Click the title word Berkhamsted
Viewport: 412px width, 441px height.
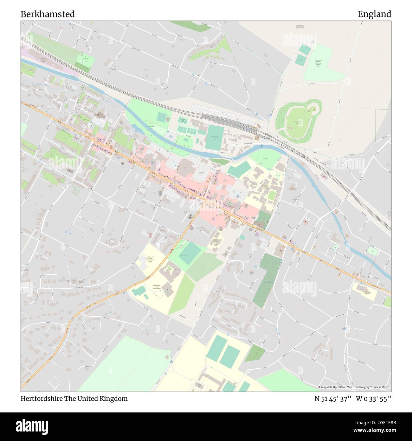(x=48, y=14)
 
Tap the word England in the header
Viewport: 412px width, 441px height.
(x=374, y=14)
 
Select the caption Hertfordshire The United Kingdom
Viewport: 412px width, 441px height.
(x=74, y=399)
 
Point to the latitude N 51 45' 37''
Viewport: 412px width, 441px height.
(x=333, y=399)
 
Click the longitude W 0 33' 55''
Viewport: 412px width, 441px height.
(x=374, y=399)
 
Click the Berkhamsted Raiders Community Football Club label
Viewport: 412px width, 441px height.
(x=318, y=64)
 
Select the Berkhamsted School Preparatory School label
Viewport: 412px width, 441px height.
(x=150, y=259)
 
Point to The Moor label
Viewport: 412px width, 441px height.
(x=265, y=158)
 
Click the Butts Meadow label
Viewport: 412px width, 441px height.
(x=184, y=255)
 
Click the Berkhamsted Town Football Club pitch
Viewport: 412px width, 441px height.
(x=215, y=137)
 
